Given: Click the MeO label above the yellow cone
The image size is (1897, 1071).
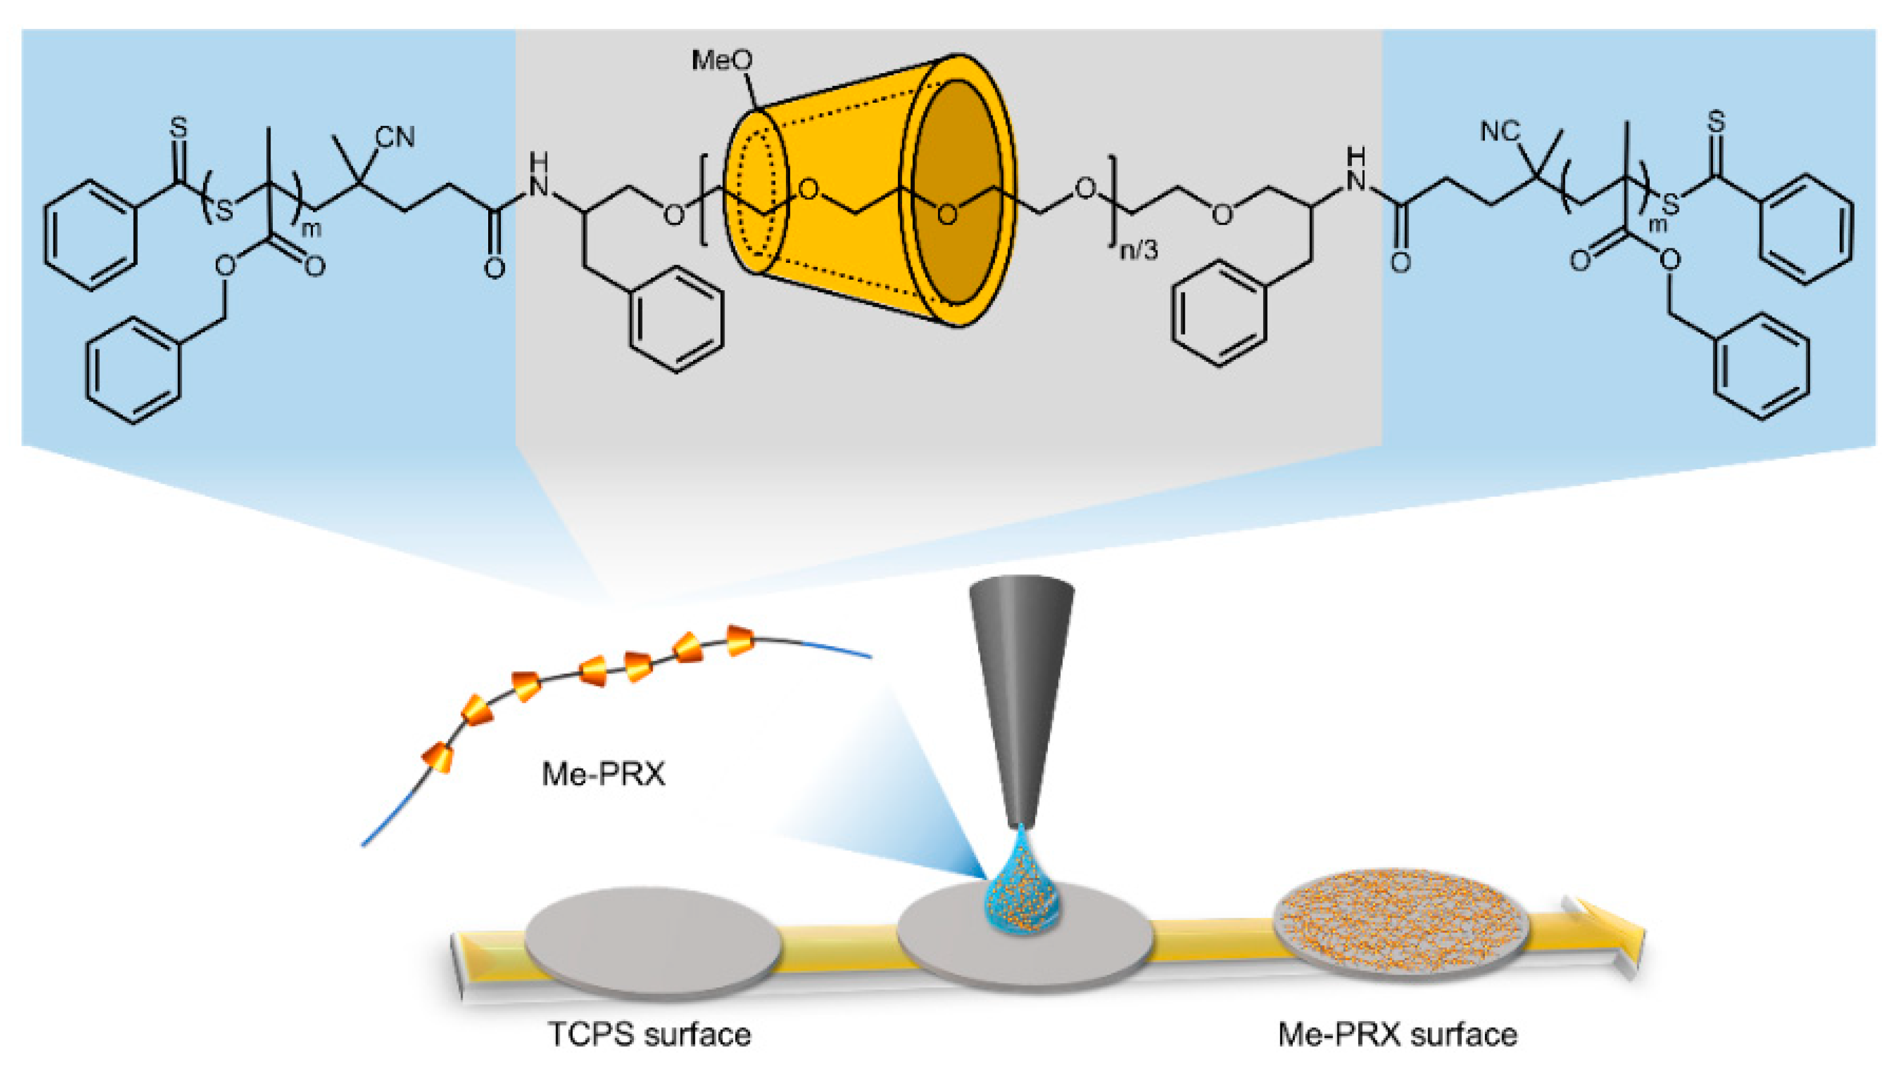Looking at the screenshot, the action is [723, 60].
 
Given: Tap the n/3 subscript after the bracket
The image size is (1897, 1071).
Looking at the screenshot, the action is [1138, 250].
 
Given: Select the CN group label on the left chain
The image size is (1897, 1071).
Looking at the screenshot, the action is [395, 137].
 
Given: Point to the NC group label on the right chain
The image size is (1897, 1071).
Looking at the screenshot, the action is [1500, 132].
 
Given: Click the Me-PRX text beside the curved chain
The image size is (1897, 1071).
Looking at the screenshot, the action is [603, 773].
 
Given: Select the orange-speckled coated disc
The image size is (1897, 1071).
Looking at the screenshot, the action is [1401, 923].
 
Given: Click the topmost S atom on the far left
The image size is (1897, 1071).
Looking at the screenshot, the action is [178, 127].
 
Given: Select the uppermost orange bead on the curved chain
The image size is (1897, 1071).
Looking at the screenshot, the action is [740, 640].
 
